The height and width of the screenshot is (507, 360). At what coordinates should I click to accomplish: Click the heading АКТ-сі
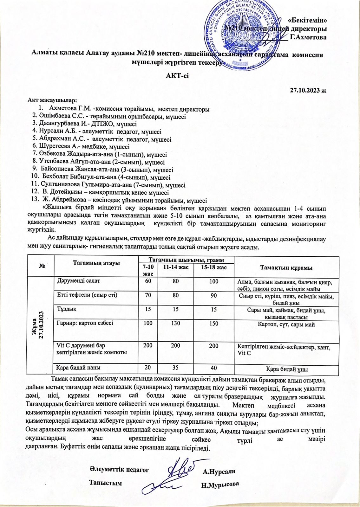(x=177, y=76)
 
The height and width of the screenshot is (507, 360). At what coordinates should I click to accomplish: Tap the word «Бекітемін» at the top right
(x=307, y=21)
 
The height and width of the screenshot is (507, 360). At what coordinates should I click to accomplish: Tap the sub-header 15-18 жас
(x=214, y=267)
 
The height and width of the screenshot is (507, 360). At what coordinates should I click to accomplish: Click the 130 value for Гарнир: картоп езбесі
(x=175, y=324)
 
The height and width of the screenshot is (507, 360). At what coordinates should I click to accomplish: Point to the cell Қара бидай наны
(x=78, y=368)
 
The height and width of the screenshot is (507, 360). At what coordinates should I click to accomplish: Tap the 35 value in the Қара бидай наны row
(x=175, y=368)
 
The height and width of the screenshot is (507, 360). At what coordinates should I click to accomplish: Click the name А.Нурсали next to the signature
(x=219, y=471)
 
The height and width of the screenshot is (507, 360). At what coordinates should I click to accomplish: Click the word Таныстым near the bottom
(x=106, y=483)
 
